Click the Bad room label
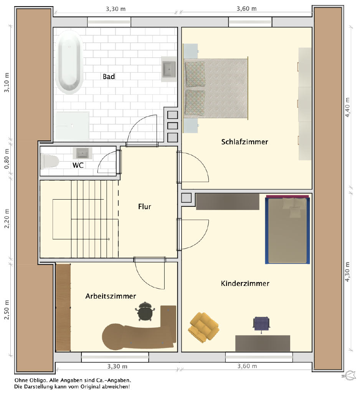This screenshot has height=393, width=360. click(109, 76)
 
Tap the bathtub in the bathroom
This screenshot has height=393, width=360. click(69, 62)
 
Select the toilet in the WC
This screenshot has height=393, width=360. click(50, 161)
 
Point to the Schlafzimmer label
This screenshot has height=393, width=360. click(245, 142)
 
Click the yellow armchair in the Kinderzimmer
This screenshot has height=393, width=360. click(203, 327)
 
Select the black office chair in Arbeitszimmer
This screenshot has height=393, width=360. click(145, 311)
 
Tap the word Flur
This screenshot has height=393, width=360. click(145, 206)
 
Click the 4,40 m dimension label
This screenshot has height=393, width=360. click(347, 107)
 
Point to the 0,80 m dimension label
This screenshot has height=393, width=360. click(7, 159)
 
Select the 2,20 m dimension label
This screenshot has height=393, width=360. click(7, 218)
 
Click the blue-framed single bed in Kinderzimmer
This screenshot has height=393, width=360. click(287, 230)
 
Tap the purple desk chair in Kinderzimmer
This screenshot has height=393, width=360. click(261, 324)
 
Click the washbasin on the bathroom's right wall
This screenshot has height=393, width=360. click(169, 69)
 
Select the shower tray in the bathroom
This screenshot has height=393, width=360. click(72, 126)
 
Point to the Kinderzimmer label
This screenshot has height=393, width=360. click(245, 284)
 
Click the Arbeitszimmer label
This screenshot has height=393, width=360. click(111, 296)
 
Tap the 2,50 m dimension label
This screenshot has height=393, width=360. click(7, 310)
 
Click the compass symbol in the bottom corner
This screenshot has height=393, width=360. click(349, 376)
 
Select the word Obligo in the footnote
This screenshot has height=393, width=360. click(38, 380)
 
